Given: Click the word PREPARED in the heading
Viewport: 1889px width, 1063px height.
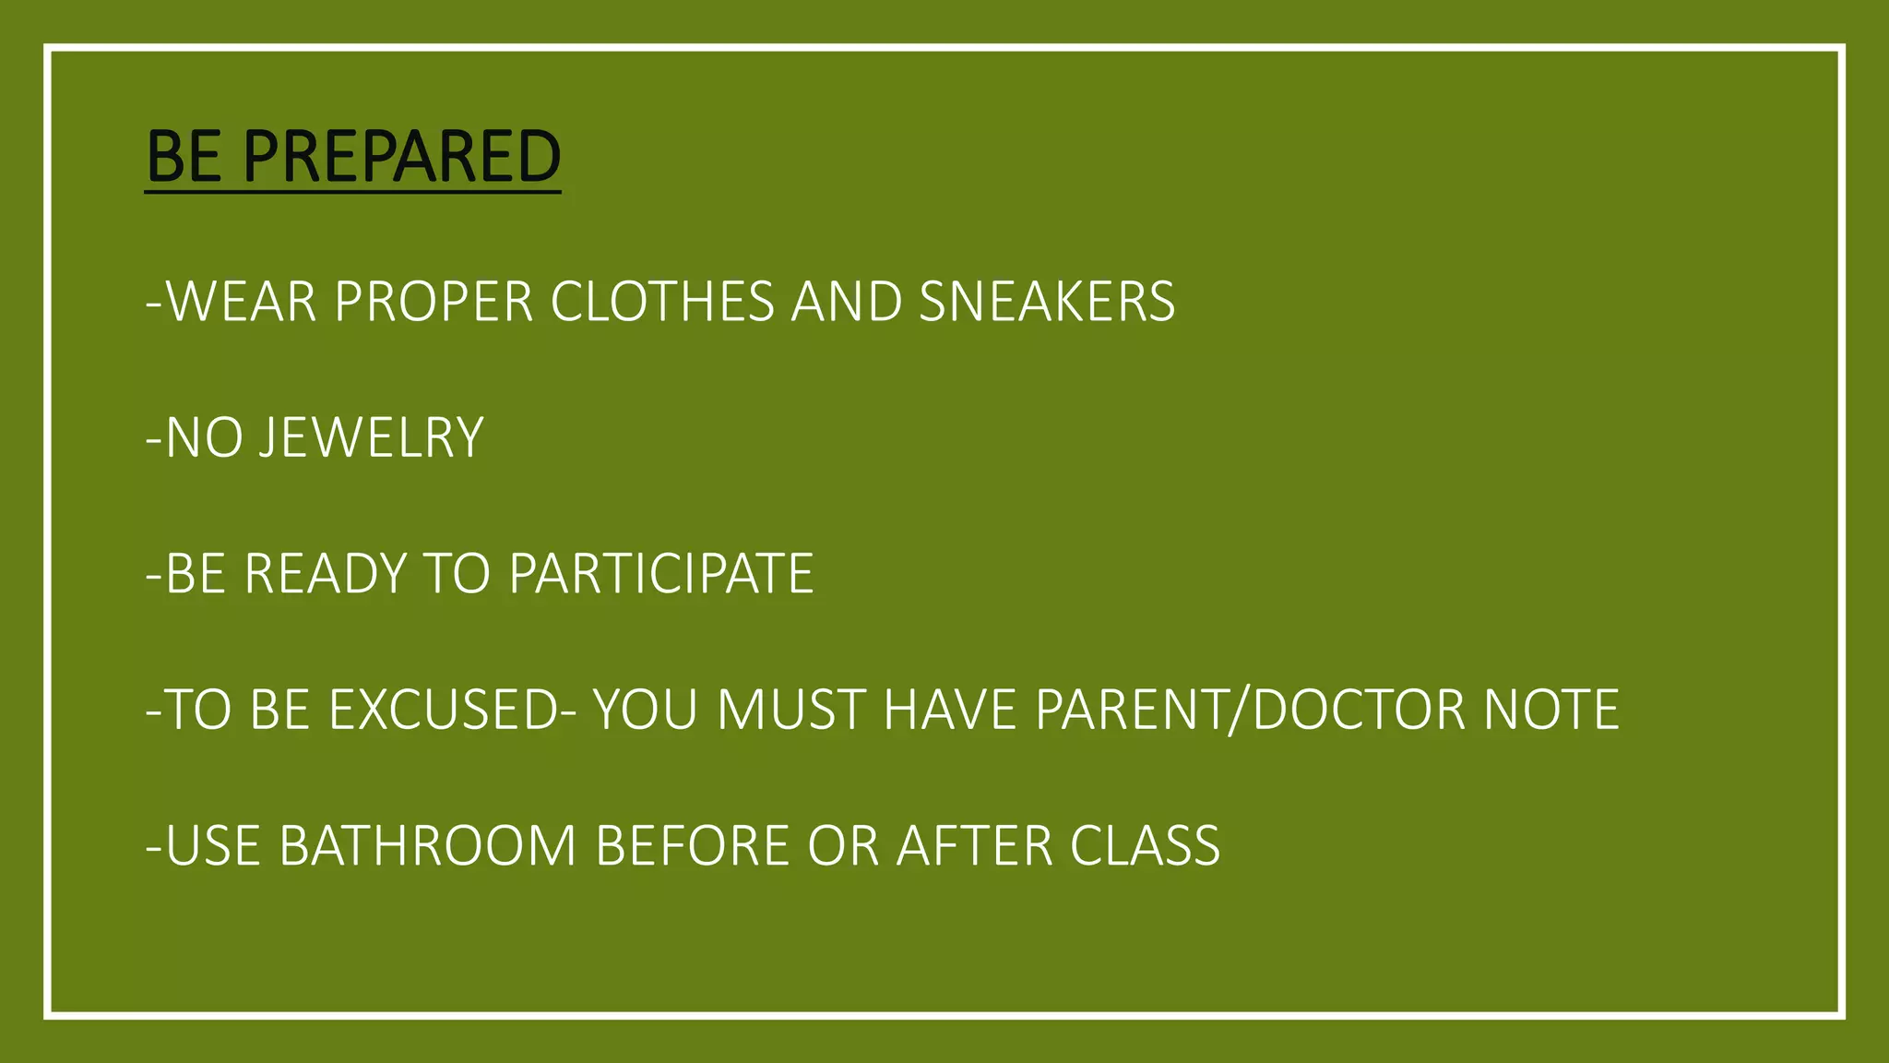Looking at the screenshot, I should coord(402,156).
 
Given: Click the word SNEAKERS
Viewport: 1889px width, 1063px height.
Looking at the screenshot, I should coord(1047,302).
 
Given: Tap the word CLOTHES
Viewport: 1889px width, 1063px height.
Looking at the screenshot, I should coord(662,302).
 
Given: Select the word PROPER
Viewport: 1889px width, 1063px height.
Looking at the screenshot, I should coord(434,302).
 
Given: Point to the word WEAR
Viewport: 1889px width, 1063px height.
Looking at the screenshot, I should coord(242,302).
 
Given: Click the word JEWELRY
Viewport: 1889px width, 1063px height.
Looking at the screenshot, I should coord(371,437).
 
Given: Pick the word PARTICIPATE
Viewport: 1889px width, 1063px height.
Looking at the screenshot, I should coord(661,573).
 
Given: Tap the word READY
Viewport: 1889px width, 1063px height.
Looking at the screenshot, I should coord(325,573).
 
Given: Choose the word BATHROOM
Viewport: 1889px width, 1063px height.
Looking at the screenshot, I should coord(427,845).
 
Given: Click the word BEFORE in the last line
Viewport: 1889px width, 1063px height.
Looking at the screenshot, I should coord(692,845).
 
